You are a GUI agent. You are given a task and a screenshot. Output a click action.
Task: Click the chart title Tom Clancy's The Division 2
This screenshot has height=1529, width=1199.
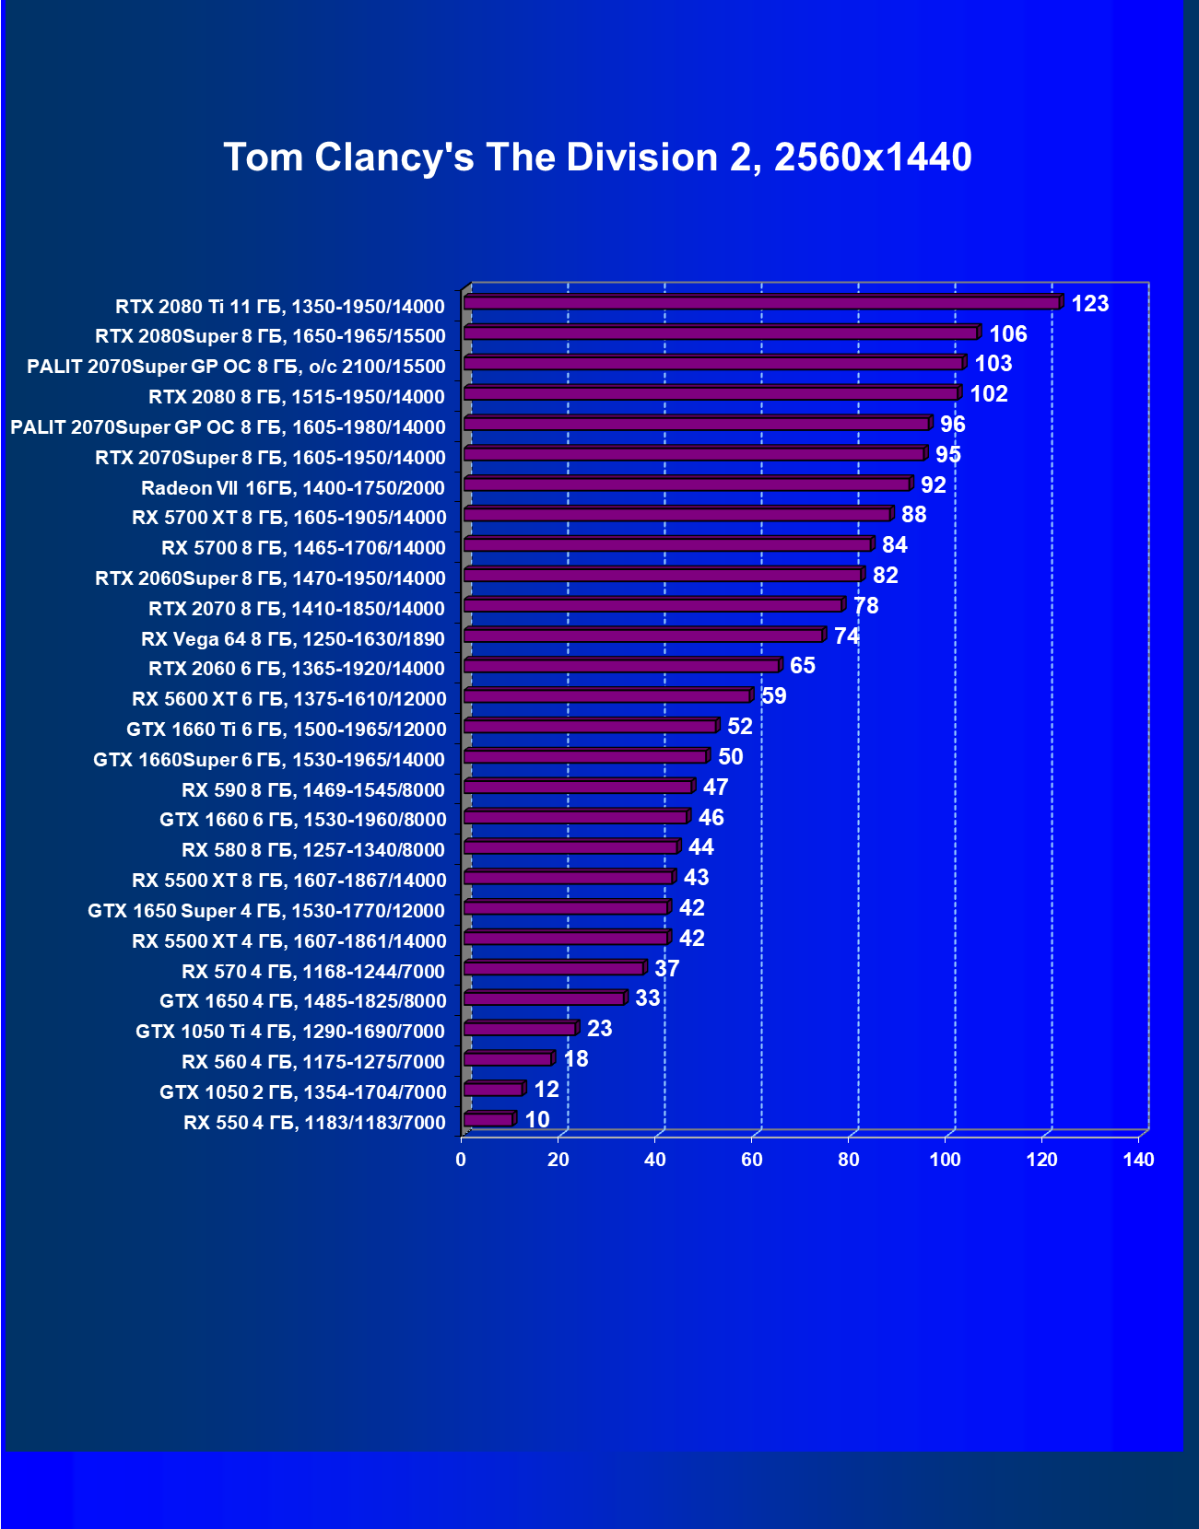597,158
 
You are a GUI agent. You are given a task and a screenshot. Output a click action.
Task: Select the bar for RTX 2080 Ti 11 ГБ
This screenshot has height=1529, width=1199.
761,303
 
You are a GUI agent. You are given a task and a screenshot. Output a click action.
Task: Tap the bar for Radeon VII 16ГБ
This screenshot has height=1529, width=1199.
687,484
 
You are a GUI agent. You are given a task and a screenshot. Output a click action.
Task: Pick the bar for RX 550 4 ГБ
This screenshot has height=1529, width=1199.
488,1119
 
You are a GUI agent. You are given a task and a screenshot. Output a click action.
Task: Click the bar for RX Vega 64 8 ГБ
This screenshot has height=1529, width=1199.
643,636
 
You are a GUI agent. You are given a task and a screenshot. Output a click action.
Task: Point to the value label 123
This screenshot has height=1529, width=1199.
1089,304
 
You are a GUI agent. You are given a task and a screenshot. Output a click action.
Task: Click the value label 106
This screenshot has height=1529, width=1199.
1007,334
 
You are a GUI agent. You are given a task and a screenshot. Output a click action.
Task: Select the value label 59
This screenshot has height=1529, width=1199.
774,696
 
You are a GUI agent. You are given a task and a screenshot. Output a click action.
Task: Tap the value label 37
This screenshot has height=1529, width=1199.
666,969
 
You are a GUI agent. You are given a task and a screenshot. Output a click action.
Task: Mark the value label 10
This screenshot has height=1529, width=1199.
536,1120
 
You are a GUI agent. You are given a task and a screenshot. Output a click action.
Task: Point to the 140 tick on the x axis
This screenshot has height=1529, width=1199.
1138,1160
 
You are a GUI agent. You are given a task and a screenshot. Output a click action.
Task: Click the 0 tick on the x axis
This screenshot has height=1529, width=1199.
461,1160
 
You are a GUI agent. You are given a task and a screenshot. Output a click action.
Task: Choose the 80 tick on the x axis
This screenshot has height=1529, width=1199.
848,1160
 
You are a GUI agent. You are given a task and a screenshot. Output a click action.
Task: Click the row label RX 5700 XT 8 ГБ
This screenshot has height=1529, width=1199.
288,518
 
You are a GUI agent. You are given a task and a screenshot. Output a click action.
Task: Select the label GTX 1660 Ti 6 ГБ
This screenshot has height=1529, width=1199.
286,729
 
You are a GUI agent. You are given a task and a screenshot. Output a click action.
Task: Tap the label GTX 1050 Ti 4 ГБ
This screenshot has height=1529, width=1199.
289,1032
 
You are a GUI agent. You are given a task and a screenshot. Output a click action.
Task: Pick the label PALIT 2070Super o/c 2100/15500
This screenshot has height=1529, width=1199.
236,367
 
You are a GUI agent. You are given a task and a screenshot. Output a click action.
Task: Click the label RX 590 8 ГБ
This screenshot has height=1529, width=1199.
312,790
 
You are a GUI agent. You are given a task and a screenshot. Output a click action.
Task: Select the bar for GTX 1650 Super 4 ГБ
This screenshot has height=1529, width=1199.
566,907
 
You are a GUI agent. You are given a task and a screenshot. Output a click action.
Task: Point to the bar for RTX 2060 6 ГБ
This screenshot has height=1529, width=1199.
622,666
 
